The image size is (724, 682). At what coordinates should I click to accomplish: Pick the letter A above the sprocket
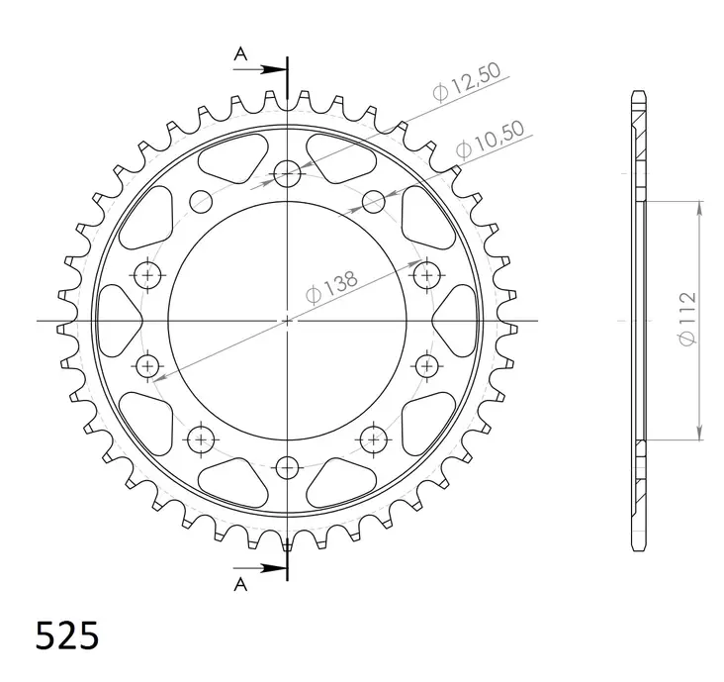click(x=238, y=56)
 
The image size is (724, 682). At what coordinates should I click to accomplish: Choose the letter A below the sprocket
click(x=238, y=584)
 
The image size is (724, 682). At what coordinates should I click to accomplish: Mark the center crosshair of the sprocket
click(x=288, y=321)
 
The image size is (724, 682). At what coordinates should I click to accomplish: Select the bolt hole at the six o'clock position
click(x=288, y=466)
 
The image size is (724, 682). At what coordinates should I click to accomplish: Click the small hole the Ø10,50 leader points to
click(x=373, y=203)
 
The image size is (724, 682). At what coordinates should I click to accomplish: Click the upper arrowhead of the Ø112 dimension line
click(x=700, y=207)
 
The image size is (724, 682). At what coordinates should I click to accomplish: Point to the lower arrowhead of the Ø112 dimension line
click(x=700, y=433)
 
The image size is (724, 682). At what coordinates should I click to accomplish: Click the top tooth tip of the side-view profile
click(x=637, y=94)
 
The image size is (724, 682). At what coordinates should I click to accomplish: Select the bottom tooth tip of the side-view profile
click(x=637, y=548)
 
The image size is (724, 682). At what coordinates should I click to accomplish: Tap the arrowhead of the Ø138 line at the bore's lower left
click(x=157, y=374)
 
